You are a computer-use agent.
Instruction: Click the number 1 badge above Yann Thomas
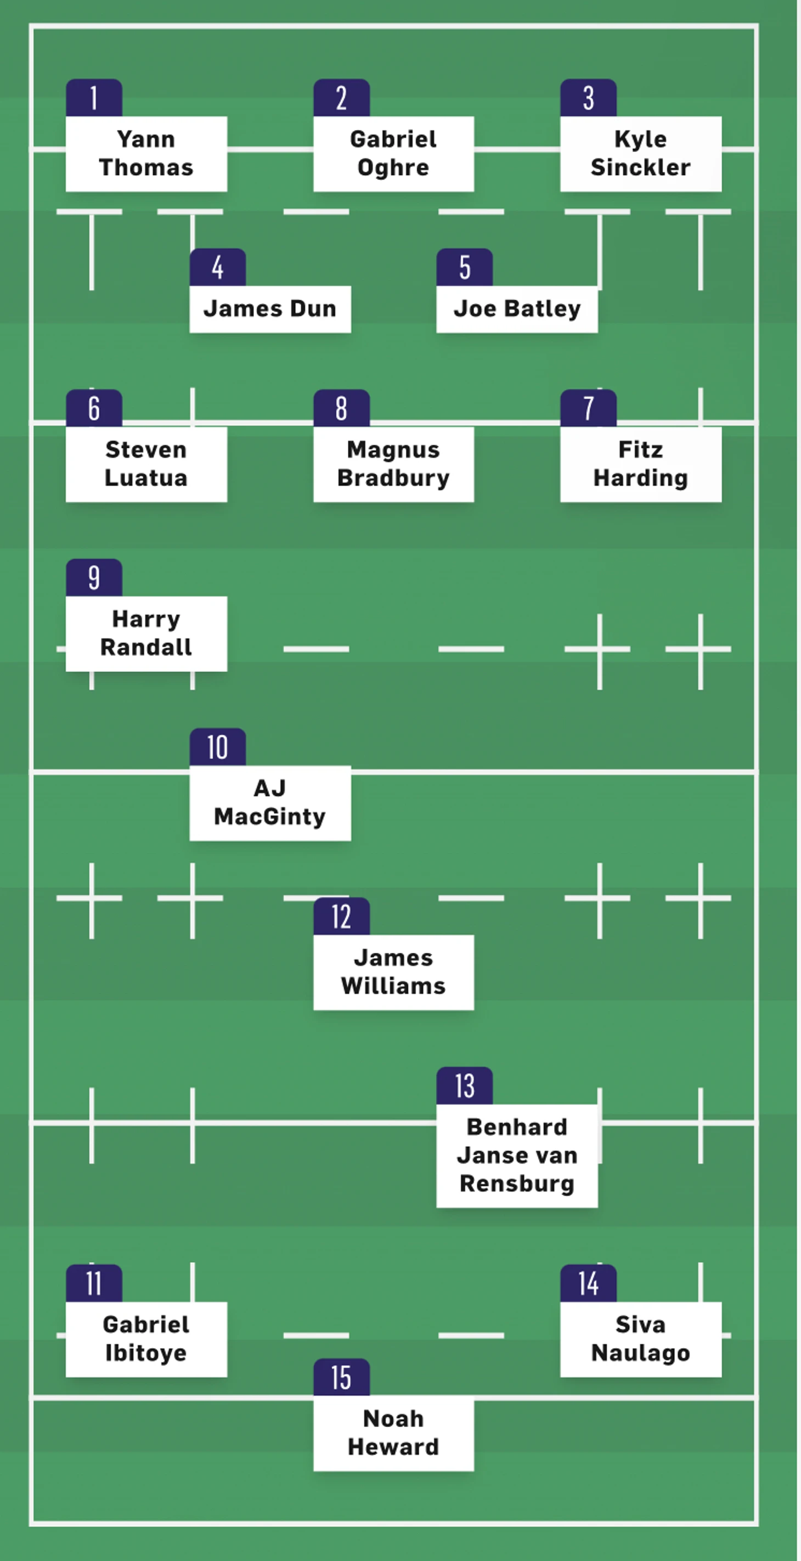(x=94, y=98)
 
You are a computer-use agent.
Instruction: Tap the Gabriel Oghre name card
(x=393, y=153)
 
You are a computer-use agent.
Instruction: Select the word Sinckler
(x=640, y=167)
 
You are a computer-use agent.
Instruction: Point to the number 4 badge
(x=217, y=267)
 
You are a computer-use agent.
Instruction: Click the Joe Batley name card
(x=517, y=309)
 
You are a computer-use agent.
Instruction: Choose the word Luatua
(x=146, y=478)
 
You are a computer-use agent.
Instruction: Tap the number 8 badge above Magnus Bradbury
(x=341, y=408)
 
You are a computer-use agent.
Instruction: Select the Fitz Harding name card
(x=640, y=464)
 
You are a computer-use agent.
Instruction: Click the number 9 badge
(x=94, y=577)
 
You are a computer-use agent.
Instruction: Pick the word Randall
(x=146, y=647)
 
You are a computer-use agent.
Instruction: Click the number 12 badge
(x=341, y=916)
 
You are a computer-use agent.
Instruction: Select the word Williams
(x=393, y=986)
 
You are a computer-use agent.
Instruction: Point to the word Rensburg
(x=517, y=1183)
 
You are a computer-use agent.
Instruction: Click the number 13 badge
(x=465, y=1085)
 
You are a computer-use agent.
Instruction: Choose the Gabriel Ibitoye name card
(x=146, y=1339)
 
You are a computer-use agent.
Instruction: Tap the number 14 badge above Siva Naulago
(x=588, y=1283)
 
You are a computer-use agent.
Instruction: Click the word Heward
(x=393, y=1447)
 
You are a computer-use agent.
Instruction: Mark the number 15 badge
(x=341, y=1377)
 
